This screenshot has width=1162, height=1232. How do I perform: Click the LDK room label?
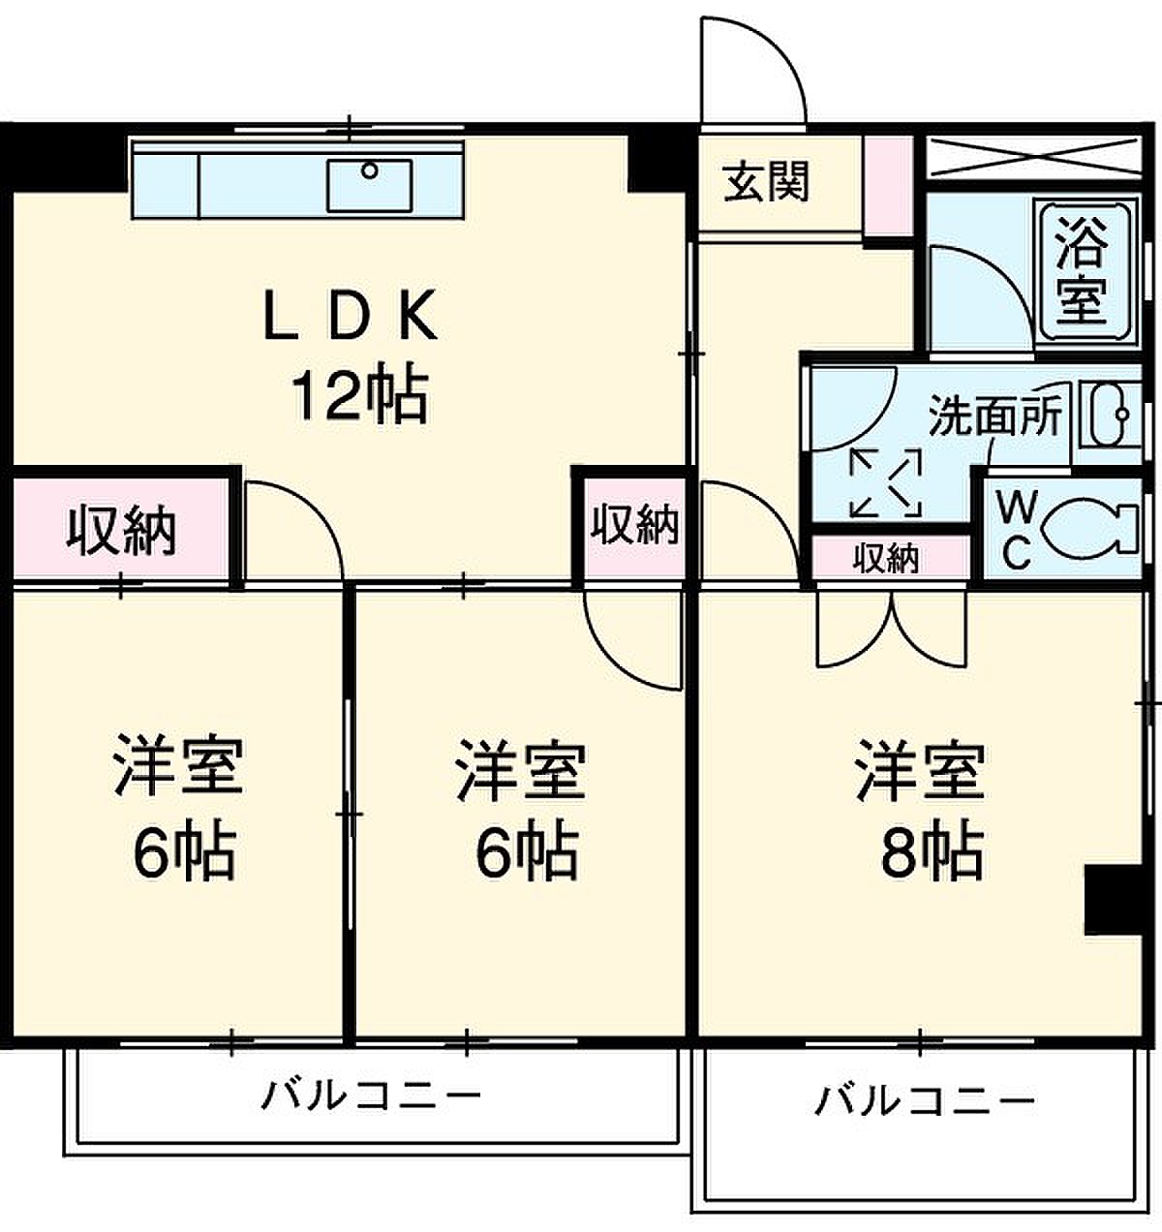pyautogui.click(x=352, y=314)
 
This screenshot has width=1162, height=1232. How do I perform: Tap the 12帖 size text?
pyautogui.click(x=359, y=397)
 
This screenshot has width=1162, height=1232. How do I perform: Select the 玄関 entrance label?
pyautogui.click(x=767, y=181)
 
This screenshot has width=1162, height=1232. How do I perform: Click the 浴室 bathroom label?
pyautogui.click(x=1082, y=270)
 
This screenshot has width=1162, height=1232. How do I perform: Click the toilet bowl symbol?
pyautogui.click(x=1092, y=527)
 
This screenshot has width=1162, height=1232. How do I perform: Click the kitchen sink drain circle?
pyautogui.click(x=370, y=170)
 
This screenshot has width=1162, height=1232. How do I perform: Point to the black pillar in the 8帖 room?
pyautogui.click(x=1113, y=900)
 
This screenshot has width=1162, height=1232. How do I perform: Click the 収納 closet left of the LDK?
pyautogui.click(x=121, y=531)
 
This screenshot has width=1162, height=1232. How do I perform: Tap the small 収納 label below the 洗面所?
pyautogui.click(x=889, y=558)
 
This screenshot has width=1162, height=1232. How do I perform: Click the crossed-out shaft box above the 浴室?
pyautogui.click(x=1033, y=156)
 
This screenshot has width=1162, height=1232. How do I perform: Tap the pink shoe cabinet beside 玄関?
pyautogui.click(x=889, y=185)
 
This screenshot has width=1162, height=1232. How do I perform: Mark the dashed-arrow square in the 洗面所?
pyautogui.click(x=886, y=482)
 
